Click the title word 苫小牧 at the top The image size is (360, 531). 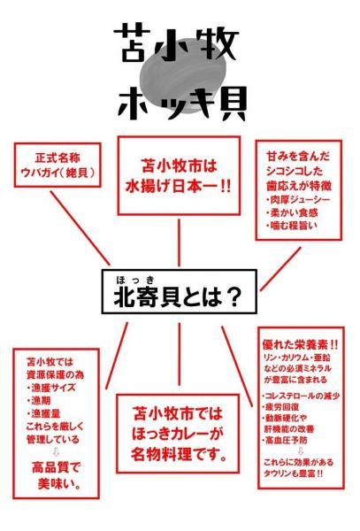176,43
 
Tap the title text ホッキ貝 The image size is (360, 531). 181,103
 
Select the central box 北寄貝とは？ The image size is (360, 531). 180,291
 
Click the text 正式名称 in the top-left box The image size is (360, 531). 57,158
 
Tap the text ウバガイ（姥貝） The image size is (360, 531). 57,173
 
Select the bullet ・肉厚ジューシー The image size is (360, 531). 298,199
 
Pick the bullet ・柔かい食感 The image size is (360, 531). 292,212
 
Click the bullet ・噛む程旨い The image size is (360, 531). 292,225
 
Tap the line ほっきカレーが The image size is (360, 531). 178,434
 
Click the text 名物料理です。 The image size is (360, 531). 179,454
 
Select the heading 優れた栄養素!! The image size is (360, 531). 300,344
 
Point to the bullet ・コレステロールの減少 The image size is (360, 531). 301,396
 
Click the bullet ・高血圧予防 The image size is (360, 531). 285,440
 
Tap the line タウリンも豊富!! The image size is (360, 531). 293,473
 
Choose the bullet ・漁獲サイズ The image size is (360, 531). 51,388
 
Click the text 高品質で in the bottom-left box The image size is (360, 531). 56,467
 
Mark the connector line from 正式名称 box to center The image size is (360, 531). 80,228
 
